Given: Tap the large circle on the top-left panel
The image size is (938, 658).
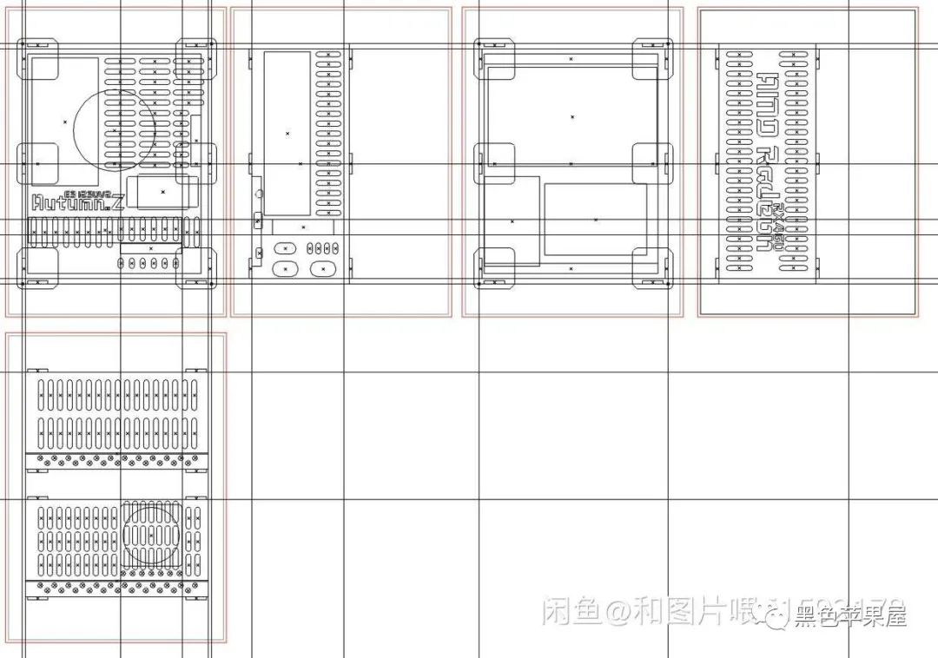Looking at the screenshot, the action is click(x=116, y=129).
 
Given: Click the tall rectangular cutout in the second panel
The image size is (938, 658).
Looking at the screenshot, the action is click(x=287, y=133).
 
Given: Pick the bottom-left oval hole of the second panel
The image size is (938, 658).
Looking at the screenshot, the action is click(x=285, y=269).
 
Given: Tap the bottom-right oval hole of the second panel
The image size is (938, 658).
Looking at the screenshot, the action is click(x=323, y=269).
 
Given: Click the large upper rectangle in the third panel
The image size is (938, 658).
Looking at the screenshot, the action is click(x=571, y=116).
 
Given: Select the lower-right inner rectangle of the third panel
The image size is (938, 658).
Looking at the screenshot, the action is click(x=595, y=220).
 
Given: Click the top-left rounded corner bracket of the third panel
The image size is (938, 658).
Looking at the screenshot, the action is click(x=494, y=57).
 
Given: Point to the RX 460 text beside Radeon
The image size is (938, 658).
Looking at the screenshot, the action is click(x=779, y=227).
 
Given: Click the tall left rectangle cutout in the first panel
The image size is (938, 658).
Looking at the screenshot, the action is click(x=65, y=122).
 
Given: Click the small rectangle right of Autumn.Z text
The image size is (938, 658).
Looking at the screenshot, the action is click(x=162, y=191).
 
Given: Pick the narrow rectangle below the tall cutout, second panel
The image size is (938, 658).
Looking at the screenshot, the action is click(x=303, y=227).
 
